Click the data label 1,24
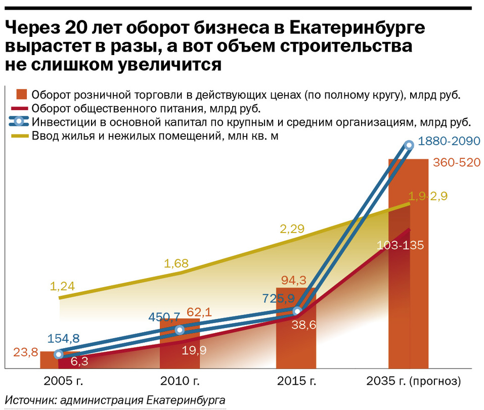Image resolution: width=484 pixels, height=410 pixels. (x=62, y=286)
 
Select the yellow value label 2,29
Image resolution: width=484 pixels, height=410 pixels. (x=292, y=229)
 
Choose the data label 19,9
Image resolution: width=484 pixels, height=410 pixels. (x=194, y=350)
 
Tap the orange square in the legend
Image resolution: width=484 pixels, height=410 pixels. (x=21, y=95)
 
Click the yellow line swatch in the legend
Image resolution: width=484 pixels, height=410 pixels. (x=20, y=135)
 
